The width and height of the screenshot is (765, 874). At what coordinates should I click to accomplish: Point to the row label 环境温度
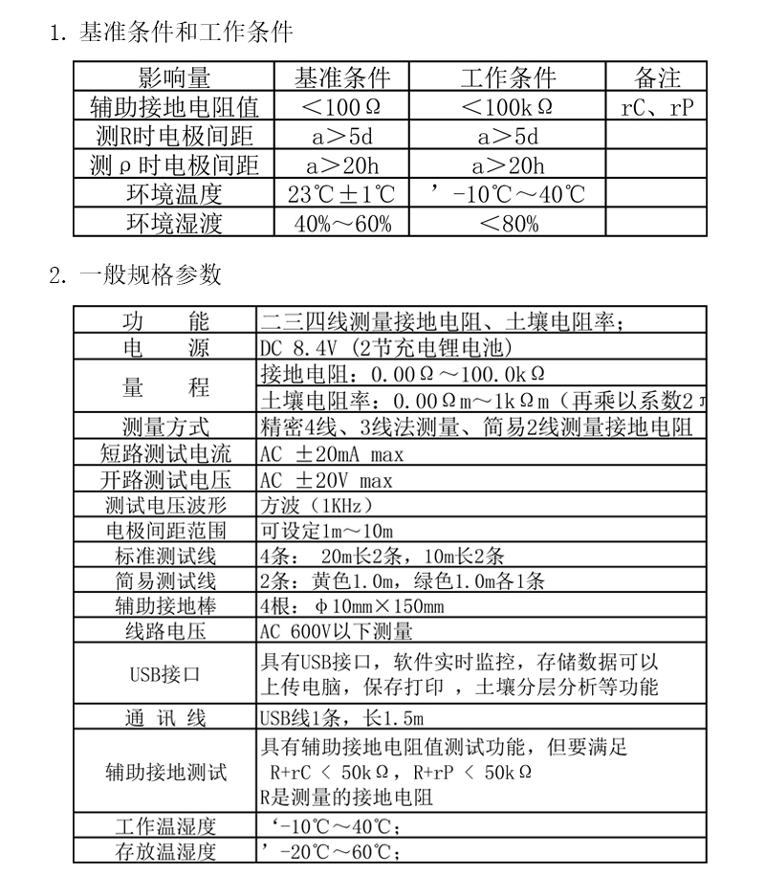[x=174, y=195]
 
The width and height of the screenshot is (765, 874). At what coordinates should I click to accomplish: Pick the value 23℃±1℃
[x=341, y=195]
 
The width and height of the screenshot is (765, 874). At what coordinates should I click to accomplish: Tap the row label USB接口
[x=166, y=674]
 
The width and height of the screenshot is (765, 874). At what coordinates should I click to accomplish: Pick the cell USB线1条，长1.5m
[x=341, y=718]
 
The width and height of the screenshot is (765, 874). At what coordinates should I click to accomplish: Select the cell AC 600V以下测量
[x=336, y=631]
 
